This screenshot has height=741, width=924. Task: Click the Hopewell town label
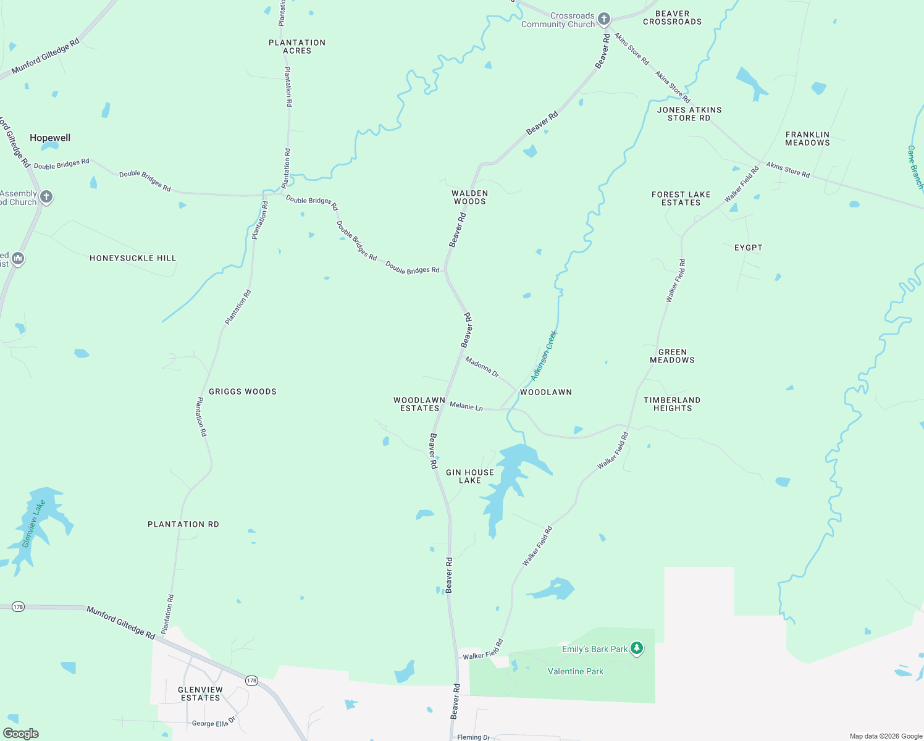point(50,138)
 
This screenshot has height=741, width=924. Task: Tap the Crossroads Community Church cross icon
point(604,19)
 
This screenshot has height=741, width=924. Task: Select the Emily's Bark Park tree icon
point(637,648)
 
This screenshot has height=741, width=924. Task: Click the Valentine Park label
point(575,671)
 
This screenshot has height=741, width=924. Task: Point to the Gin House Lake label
point(470,476)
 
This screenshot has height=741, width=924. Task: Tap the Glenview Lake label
point(33,524)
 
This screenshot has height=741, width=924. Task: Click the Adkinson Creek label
point(544,356)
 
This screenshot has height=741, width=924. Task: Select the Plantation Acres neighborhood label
point(297,46)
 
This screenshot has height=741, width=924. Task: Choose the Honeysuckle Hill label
point(133,258)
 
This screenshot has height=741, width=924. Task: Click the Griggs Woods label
point(243,391)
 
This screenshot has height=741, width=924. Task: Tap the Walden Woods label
point(470,197)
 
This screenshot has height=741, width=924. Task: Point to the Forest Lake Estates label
point(681,198)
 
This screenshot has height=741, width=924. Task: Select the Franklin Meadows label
point(807,138)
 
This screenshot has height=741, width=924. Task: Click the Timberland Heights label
point(672,404)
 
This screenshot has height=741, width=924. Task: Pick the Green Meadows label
point(672,356)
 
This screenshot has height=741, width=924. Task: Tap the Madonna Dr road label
point(482,367)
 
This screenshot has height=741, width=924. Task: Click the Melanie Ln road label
point(466,406)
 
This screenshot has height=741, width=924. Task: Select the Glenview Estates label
point(200,693)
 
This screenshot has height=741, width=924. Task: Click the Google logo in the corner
point(20,733)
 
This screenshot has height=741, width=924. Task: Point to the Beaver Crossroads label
point(672,17)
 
